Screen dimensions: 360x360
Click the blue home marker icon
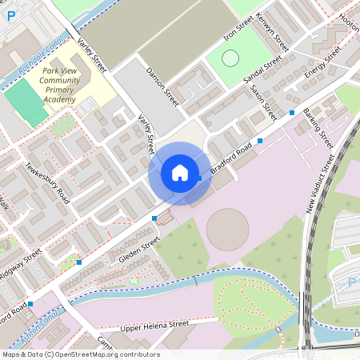tap(179, 173)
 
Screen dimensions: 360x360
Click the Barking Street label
tap(318, 129)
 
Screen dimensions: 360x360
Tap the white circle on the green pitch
tap(230, 58)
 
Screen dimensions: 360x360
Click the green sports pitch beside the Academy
tap(26, 102)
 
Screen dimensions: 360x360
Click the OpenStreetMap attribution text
tap(80, 354)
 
